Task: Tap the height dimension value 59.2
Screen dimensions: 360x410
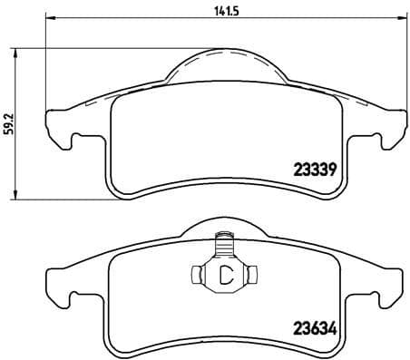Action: pos(9,123)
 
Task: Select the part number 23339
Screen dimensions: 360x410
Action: pos(316,168)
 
